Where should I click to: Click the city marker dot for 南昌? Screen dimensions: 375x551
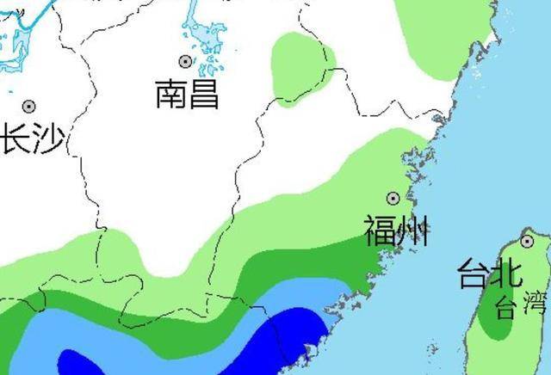[184, 61]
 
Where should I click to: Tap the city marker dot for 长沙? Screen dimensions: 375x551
[29, 107]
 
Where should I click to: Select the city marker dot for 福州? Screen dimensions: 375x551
[393, 198]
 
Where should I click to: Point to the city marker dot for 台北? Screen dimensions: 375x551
[526, 242]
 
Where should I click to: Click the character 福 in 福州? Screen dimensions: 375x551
[379, 231]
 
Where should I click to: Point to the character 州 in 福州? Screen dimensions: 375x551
[412, 231]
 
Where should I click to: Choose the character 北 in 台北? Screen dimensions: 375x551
[505, 274]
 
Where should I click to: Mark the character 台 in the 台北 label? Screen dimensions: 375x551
[474, 274]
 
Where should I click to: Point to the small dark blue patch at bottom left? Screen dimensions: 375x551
[83, 364]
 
